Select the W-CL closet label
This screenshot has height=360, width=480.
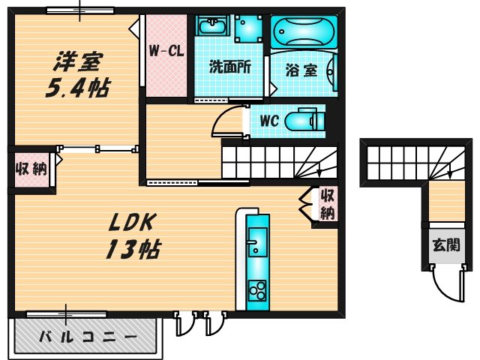pyautogui.click(x=166, y=52)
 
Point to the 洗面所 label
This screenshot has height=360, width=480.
pyautogui.click(x=229, y=66)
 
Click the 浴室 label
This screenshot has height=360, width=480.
pyautogui.click(x=301, y=70)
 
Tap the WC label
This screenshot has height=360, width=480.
pyautogui.click(x=270, y=120)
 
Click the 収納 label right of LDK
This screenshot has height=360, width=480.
pyautogui.click(x=327, y=204)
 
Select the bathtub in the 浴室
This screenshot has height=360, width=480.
pyautogui.click(x=304, y=31)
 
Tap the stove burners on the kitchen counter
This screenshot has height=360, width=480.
pyautogui.click(x=257, y=289)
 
